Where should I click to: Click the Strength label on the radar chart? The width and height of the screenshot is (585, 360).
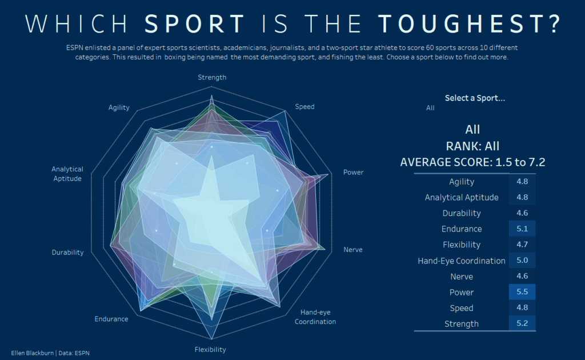[212, 77]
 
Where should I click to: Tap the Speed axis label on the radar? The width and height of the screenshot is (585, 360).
[304, 107]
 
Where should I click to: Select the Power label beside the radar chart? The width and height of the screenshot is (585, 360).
[353, 173]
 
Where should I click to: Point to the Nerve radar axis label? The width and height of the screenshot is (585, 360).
[352, 250]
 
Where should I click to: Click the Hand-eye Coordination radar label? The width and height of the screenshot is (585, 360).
[315, 317]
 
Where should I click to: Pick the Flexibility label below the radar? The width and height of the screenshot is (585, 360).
[210, 349]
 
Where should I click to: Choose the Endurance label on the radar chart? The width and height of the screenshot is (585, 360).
[111, 319]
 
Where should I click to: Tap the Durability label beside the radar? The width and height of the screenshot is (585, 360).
[67, 252]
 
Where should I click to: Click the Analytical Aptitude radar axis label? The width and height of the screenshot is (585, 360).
[67, 174]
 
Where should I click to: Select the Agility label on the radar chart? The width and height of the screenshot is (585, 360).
[119, 107]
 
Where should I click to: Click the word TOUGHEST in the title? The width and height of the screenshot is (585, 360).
[469, 24]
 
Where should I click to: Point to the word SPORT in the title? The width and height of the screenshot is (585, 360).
[195, 24]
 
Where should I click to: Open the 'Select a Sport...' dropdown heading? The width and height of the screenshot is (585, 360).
[475, 98]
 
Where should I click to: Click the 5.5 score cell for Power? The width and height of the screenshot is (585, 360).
[522, 292]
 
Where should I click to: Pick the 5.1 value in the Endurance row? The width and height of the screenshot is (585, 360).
[522, 229]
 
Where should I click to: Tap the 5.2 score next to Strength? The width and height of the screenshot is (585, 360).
[522, 323]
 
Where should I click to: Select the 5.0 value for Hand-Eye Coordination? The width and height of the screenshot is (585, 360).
[522, 261]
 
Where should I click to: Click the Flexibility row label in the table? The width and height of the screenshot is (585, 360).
[462, 245]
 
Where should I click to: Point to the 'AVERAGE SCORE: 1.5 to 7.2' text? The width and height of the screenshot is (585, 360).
[472, 162]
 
